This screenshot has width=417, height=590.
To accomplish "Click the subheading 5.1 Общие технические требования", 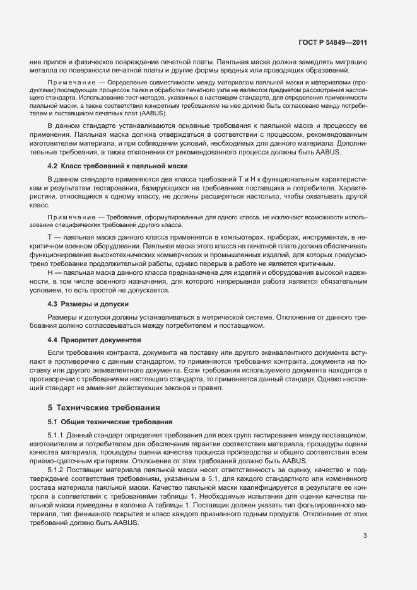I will click(106, 421).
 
